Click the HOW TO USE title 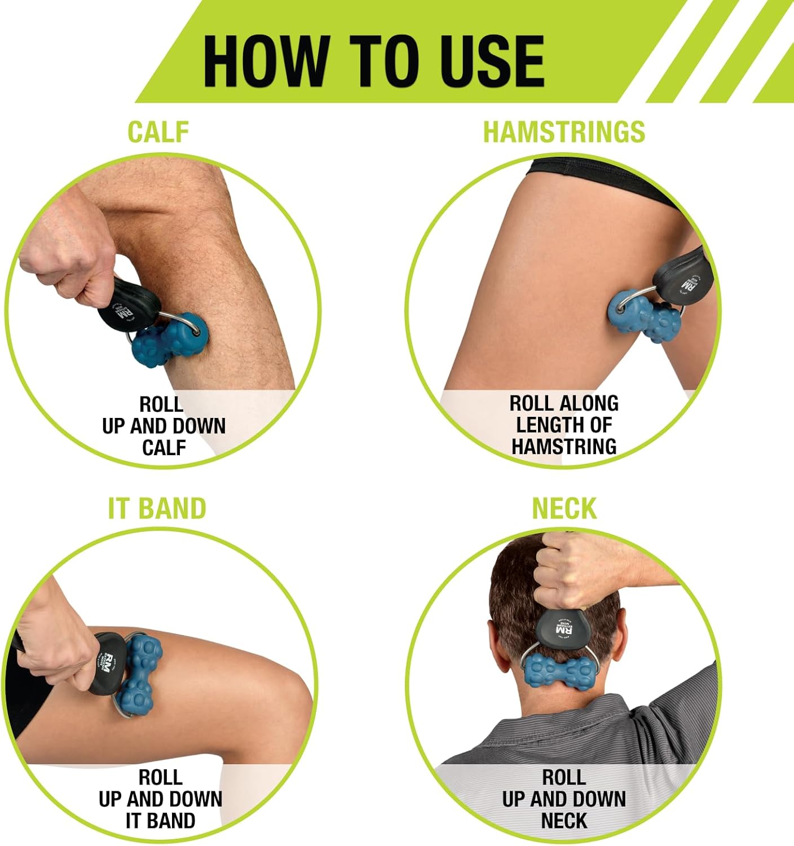tap(373, 60)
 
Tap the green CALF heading tap(158, 132)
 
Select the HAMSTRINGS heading tap(564, 132)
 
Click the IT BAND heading tap(157, 508)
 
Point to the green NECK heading tap(564, 508)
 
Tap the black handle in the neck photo tap(564, 626)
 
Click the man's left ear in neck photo tap(500, 643)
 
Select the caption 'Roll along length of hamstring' tap(564, 425)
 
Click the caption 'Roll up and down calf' tap(164, 426)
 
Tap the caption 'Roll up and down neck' tap(564, 799)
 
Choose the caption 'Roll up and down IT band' tap(161, 799)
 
